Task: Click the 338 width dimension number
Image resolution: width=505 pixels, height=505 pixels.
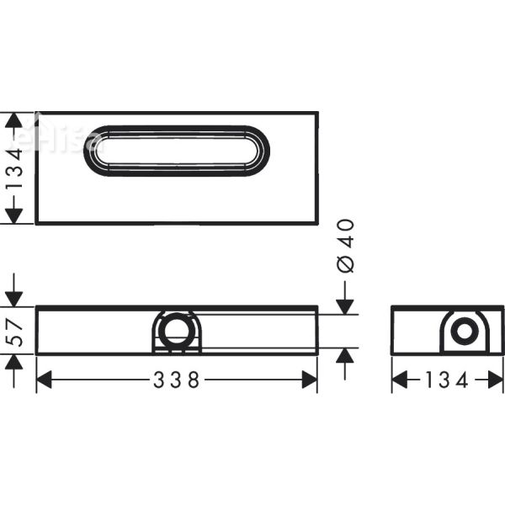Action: click(x=176, y=380)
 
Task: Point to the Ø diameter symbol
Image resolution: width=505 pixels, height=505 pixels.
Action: click(x=345, y=263)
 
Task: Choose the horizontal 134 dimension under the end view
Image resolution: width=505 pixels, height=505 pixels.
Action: click(x=447, y=380)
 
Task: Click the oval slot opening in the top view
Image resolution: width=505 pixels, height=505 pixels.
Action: click(x=177, y=151)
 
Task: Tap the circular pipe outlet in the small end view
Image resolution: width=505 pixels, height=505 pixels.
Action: click(x=464, y=331)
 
